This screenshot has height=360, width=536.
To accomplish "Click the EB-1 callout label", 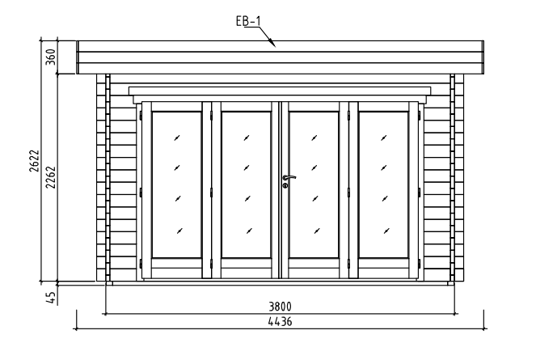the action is (248, 21).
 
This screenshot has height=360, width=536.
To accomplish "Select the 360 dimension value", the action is (51, 57).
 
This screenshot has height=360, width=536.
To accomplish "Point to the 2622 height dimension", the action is (34, 161).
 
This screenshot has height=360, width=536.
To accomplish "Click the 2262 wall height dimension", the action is (51, 177).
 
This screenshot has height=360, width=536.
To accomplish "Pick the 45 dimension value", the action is (51, 298).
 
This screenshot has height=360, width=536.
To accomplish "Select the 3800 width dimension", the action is (280, 307).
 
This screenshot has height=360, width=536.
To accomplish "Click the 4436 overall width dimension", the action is (280, 322).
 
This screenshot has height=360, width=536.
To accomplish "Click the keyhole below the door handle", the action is (285, 185).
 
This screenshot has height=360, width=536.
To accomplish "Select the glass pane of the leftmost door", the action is (177, 184).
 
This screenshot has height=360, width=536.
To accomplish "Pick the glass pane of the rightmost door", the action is (383, 184).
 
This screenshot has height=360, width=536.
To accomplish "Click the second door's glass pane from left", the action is (246, 184).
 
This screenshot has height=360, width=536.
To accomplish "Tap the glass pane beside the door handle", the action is (314, 184).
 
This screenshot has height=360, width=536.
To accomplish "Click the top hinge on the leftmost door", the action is (141, 116).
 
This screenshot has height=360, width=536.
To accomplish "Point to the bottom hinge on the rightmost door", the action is (420, 264).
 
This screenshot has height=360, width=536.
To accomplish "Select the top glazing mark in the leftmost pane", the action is (177, 138).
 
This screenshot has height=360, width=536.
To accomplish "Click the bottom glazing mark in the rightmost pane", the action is (386, 231).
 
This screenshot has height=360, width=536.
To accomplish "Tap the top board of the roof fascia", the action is (280, 46).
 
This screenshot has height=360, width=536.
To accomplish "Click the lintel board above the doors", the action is (280, 91).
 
